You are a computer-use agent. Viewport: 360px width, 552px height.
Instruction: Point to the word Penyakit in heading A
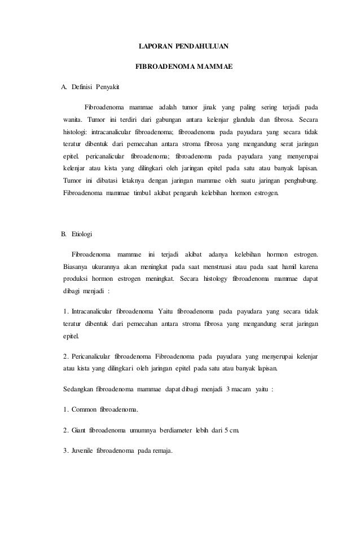[108, 87]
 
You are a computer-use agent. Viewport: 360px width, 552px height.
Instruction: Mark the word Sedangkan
[78, 390]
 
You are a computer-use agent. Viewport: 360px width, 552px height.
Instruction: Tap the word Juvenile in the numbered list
[82, 452]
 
